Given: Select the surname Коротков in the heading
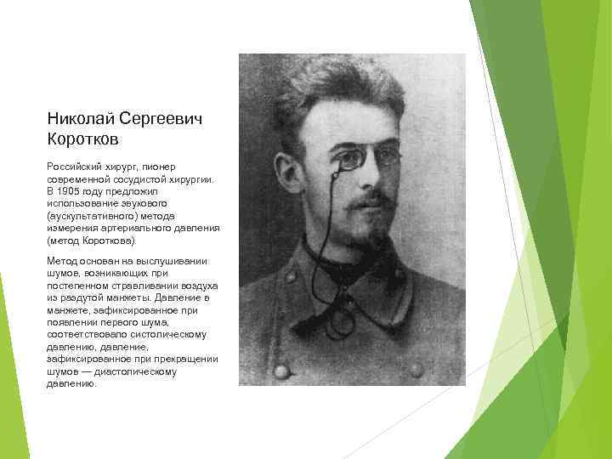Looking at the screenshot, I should [83, 138].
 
